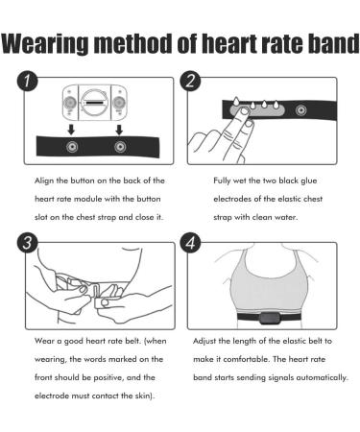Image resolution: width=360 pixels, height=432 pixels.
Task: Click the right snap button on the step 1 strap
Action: click(x=120, y=148)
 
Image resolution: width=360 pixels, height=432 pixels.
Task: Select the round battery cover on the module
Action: click(x=93, y=100)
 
